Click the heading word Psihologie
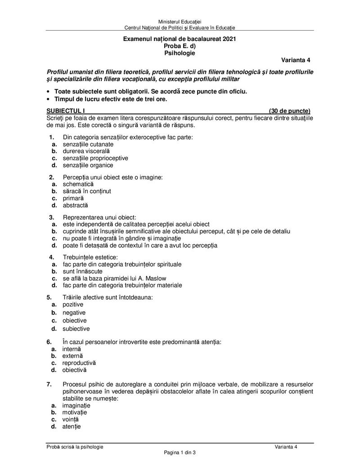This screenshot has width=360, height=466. coord(180,53)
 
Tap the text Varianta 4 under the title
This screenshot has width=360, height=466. coord(296,60)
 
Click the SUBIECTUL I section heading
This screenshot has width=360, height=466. coord(66,111)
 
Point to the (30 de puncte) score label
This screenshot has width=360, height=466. coord(289,111)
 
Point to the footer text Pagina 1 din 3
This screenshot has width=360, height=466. coord(180,453)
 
